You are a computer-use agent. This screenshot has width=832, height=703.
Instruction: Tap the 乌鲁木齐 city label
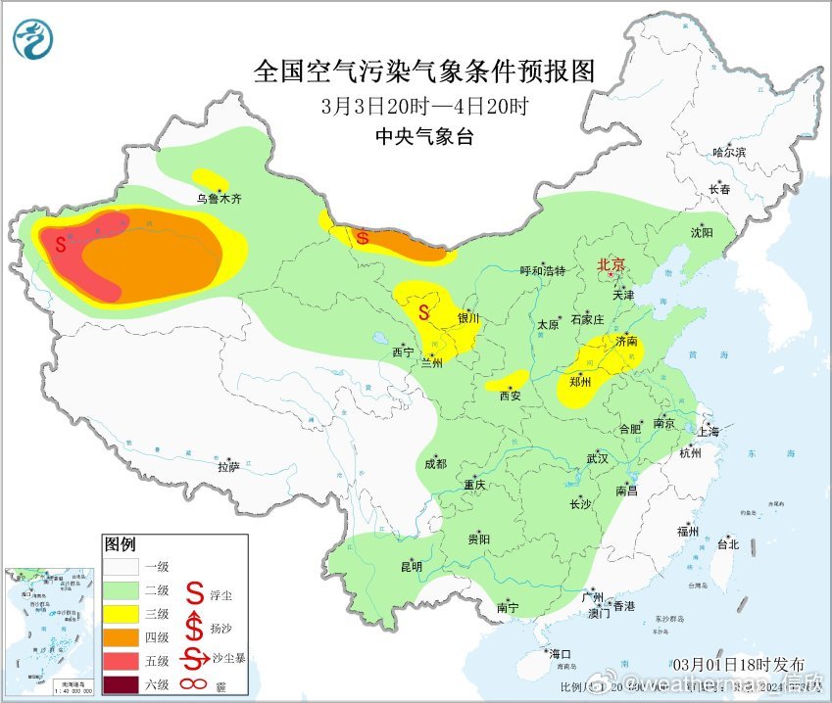pyautogui.click(x=218, y=199)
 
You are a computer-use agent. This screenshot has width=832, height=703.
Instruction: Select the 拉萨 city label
pyautogui.click(x=227, y=468)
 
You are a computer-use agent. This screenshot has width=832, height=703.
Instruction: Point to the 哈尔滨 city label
pyautogui.click(x=729, y=153)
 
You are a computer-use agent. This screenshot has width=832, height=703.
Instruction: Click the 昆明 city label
pyautogui.click(x=411, y=566)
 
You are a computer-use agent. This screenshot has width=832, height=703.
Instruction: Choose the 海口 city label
pyautogui.click(x=560, y=654)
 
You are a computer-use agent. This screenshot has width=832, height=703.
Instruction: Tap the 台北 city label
pyautogui.click(x=726, y=543)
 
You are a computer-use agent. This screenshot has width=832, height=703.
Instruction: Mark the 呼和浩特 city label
pyautogui.click(x=542, y=271)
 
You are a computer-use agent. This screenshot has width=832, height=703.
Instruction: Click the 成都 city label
pyautogui.click(x=435, y=464)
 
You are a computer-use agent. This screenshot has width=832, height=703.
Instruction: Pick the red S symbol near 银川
pyautogui.click(x=423, y=313)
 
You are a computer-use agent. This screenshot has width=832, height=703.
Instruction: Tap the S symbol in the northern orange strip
pyautogui.click(x=363, y=237)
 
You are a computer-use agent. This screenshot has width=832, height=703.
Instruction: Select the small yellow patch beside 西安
pyautogui.click(x=507, y=381)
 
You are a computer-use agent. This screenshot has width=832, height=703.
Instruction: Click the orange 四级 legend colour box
pyautogui.click(x=123, y=635)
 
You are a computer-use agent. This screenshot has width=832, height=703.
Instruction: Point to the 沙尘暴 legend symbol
pyautogui.click(x=196, y=657)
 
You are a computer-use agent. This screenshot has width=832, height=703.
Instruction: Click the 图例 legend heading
pyautogui.click(x=121, y=543)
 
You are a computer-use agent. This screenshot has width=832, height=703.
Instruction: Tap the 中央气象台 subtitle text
pyautogui.click(x=423, y=138)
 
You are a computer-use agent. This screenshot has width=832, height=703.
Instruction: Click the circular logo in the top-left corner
pyautogui.click(x=33, y=38)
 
